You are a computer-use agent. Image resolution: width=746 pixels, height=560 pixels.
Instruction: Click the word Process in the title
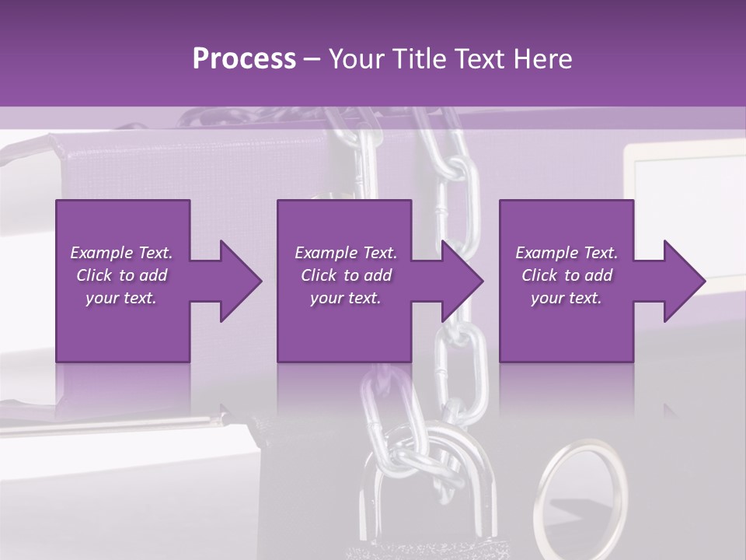(244, 59)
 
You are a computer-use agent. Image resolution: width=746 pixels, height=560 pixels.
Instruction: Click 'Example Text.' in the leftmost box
(121, 253)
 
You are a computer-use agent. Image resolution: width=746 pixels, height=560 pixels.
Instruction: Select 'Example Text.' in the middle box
(346, 253)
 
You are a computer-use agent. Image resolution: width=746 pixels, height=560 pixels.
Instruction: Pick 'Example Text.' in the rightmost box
(566, 253)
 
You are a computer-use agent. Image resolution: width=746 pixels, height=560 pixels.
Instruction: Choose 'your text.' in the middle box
(346, 298)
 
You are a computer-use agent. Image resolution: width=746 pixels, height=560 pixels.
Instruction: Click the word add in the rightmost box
(598, 275)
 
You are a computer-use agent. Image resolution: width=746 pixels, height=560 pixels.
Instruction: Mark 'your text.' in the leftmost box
(121, 298)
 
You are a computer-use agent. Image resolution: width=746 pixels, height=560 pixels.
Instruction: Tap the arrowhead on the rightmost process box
(684, 281)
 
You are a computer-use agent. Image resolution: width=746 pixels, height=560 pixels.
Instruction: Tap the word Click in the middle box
(319, 275)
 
